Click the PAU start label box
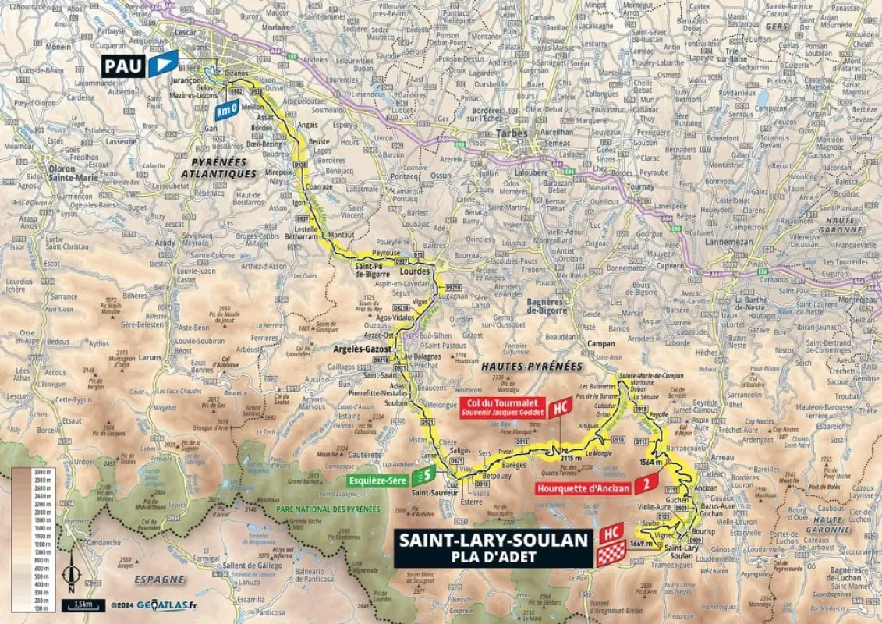123,65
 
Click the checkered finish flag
611,555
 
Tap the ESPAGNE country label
159,580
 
